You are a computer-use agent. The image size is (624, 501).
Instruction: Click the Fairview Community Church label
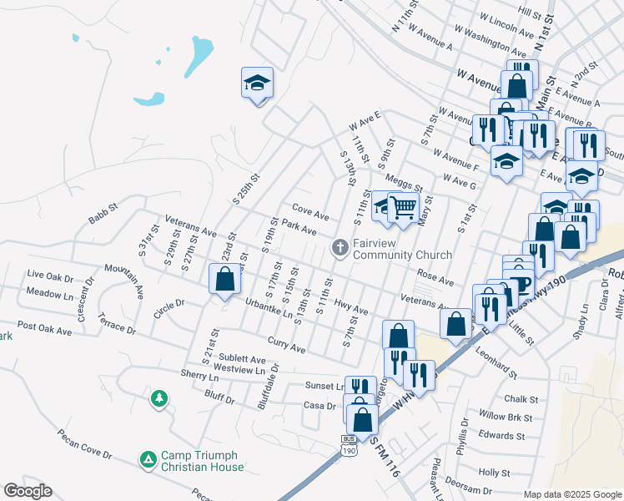[401, 249]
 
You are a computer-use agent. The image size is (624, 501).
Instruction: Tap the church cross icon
[340, 247]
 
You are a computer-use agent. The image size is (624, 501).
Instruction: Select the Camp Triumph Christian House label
[199, 461]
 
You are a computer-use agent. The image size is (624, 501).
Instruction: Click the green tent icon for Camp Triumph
[148, 459]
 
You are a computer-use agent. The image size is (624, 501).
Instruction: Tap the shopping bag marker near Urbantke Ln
[224, 279]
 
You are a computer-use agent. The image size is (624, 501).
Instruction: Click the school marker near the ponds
[257, 83]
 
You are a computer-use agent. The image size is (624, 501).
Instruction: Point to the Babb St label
[103, 220]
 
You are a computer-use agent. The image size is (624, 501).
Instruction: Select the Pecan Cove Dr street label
[83, 443]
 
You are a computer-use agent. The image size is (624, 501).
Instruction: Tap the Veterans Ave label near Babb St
[190, 225]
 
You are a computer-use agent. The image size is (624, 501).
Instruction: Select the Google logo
[28, 491]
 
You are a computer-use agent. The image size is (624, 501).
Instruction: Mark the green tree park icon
[159, 399]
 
